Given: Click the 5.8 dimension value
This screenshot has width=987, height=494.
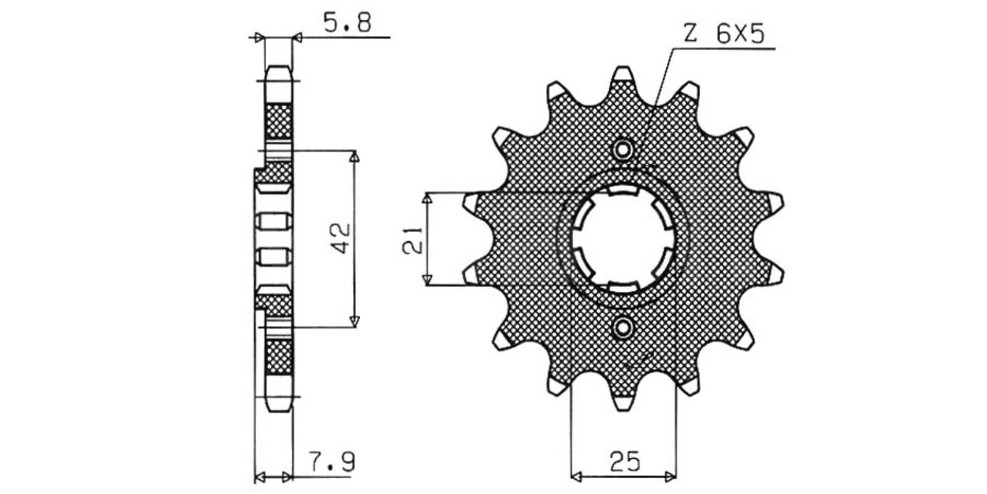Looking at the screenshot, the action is pos(348,22).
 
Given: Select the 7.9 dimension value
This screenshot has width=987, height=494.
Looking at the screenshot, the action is pos(331,462).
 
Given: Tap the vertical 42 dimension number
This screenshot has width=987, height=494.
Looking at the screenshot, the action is pos(341,238).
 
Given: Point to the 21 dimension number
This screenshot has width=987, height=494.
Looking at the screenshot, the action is pos(413,240).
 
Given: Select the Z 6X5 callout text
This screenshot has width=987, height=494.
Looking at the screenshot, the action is pos(724,33).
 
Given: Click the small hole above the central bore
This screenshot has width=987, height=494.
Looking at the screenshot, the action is pos(622,150).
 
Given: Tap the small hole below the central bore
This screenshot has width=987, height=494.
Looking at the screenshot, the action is pos(623,328).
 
